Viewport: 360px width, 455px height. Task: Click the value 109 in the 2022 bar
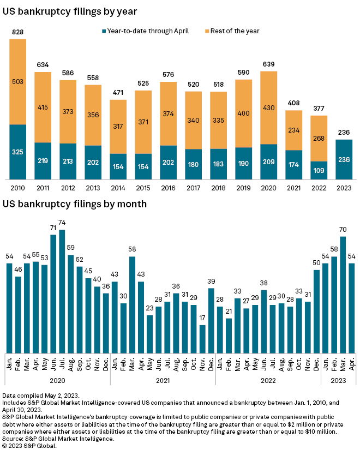[319, 170]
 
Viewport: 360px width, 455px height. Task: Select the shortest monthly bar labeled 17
[202, 338]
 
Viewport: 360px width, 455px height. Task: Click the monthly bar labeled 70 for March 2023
[343, 294]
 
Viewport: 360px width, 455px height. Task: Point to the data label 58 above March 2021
[132, 249]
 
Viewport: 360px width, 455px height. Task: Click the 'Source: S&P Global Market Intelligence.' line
[58, 438]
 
